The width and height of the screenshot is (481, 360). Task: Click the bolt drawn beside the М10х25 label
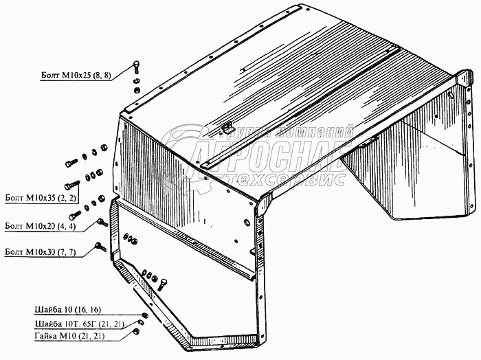tap(135, 67)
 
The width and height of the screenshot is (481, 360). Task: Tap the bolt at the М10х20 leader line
tap(102, 222)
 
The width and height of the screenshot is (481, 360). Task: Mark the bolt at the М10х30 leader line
tap(100, 247)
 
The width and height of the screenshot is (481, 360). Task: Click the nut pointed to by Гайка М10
tap(137, 331)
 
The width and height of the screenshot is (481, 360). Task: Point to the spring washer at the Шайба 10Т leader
tap(140, 322)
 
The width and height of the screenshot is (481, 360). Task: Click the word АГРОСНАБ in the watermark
tap(273, 157)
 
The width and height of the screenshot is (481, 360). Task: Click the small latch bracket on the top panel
tap(226, 128)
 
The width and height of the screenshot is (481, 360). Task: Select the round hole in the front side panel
tap(247, 222)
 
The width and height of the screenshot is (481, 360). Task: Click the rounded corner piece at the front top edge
tap(264, 203)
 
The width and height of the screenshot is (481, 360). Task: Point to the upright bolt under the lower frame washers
tap(163, 284)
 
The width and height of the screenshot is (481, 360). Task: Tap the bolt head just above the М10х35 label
tap(72, 185)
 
